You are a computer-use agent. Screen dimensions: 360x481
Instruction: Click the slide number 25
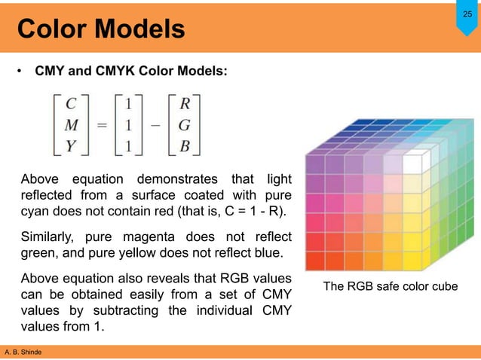[467, 15]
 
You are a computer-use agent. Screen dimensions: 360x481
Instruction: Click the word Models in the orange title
[139, 29]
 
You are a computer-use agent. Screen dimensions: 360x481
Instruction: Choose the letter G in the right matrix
[184, 125]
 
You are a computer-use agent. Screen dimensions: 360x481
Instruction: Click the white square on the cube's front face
[412, 163]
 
